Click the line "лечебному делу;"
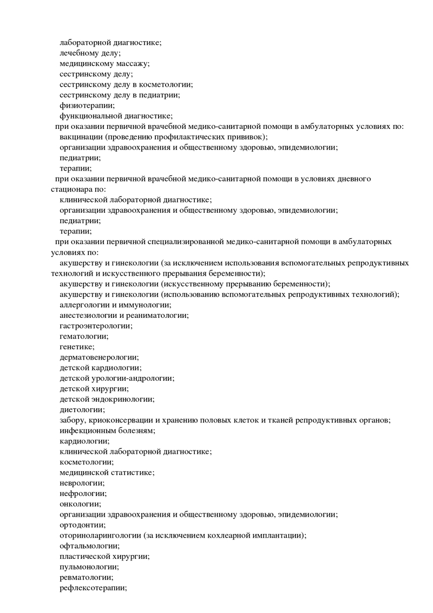[90, 53]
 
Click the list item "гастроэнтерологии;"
[96, 325]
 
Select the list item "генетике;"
[77, 347]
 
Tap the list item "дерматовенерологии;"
[99, 357]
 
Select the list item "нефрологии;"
[83, 493]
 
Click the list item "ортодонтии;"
[82, 525]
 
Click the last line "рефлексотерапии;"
[93, 588]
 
